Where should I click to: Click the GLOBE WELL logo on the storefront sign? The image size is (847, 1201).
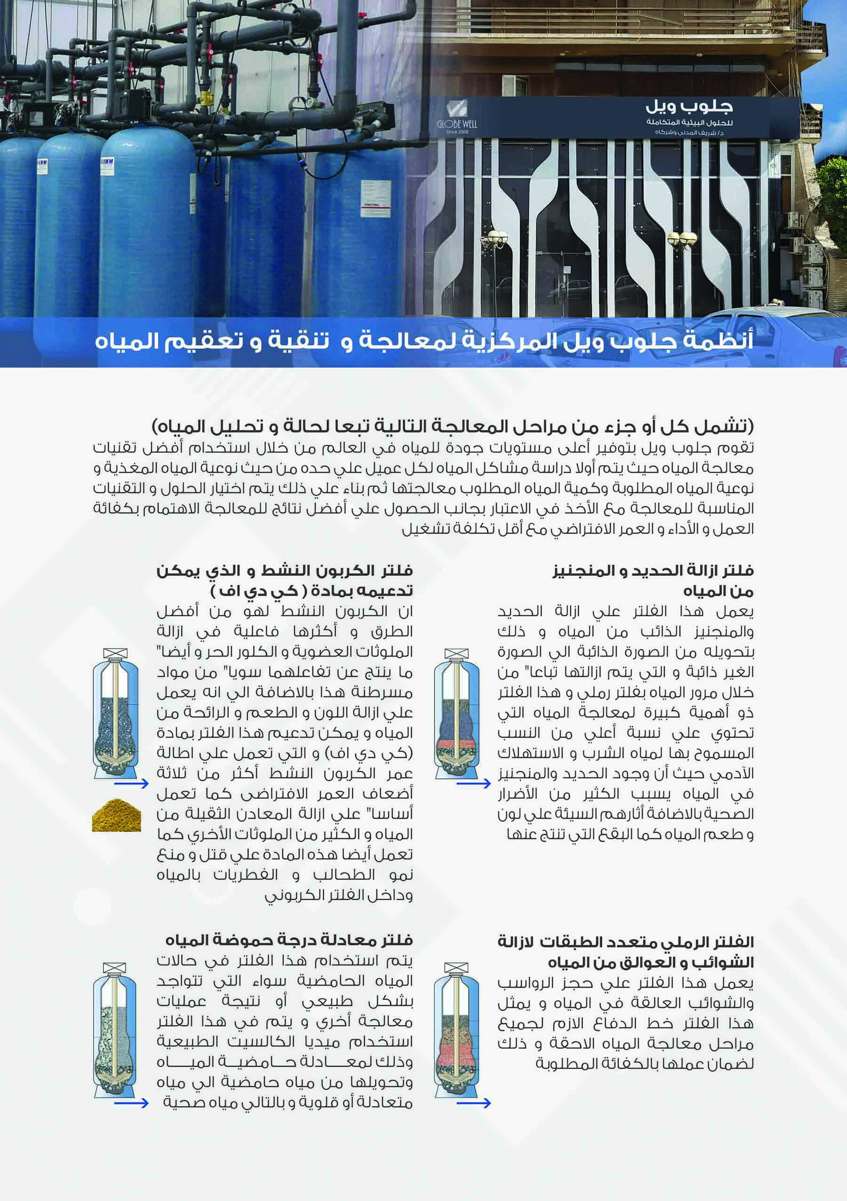[x=457, y=118]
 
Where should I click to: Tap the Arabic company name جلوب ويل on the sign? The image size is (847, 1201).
[x=689, y=107]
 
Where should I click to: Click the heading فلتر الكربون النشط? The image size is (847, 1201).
[x=284, y=580]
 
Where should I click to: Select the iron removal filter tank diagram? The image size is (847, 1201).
[x=456, y=715]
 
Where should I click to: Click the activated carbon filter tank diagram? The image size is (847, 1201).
[x=115, y=715]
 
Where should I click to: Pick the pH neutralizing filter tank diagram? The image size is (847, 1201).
[x=115, y=1038]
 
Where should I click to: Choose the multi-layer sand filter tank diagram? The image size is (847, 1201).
[x=456, y=1038]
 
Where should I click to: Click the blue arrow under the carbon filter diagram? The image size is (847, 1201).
[x=131, y=783]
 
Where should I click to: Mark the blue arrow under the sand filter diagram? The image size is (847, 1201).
[x=473, y=1103]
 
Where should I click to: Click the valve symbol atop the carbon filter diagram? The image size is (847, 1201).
[x=115, y=654]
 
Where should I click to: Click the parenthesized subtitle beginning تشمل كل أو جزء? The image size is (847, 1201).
[x=453, y=427]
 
